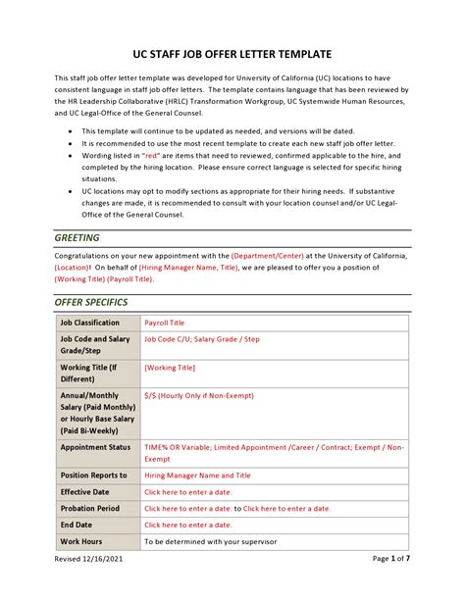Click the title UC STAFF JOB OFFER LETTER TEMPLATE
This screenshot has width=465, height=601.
tap(232, 53)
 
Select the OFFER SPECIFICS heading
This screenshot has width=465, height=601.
tap(91, 302)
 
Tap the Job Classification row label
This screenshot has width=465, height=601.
tap(90, 323)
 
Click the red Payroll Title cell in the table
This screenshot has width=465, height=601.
tap(164, 323)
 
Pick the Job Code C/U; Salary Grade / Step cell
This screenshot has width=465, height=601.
tap(202, 339)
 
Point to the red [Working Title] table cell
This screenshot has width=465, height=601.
tap(170, 368)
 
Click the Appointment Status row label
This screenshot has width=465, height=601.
tap(95, 446)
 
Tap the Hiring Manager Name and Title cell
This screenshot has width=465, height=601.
tap(197, 475)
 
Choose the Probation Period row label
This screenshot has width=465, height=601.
tap(90, 508)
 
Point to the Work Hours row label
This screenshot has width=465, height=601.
tap(81, 541)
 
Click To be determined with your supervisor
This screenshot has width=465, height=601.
tap(210, 541)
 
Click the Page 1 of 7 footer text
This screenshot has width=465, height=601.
tap(394, 585)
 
